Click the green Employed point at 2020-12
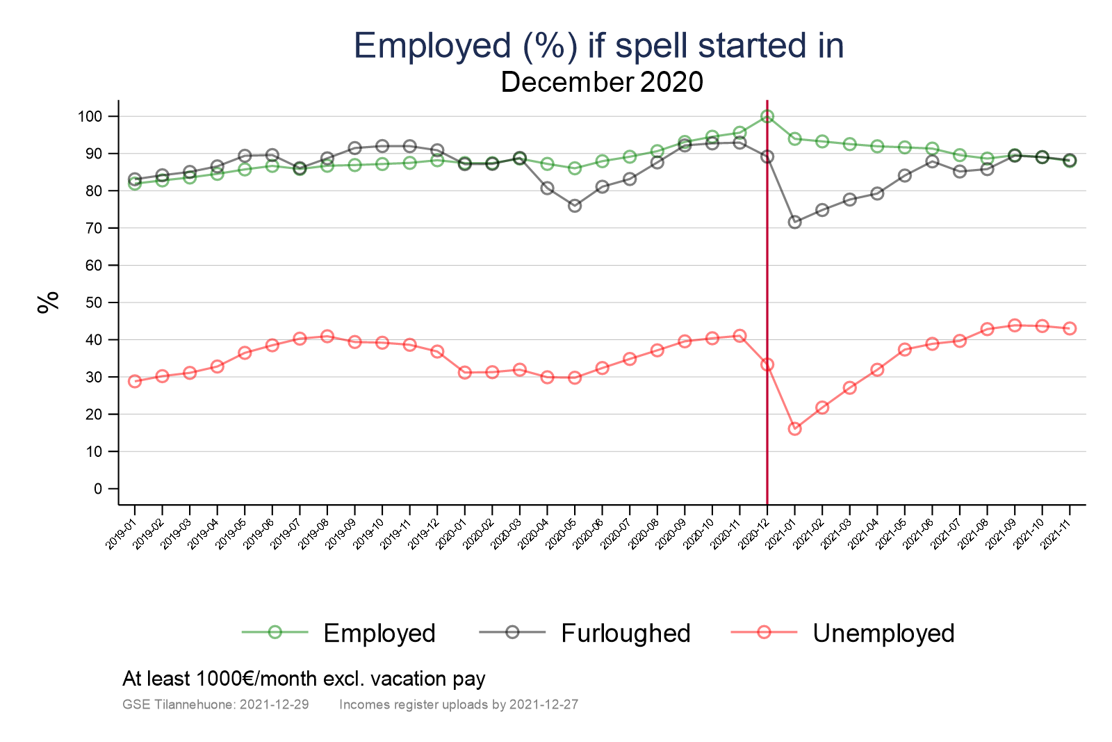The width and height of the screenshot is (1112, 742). point(767,116)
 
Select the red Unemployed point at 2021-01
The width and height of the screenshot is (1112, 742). point(794,428)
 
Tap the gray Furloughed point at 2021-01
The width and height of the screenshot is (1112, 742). point(794,223)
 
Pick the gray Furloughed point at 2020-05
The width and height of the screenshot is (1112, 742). point(575,206)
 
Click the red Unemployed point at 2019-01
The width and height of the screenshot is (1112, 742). point(135,381)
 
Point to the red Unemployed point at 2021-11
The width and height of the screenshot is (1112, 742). point(1070,328)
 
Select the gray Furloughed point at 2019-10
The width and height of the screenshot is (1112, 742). point(382,146)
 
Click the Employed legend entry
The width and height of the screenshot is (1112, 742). point(379,633)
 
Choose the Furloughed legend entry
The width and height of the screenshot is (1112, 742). point(625,633)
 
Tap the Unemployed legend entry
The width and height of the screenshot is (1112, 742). point(883,633)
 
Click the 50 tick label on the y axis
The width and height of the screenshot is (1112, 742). point(93,303)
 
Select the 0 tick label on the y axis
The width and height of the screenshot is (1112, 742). point(97,489)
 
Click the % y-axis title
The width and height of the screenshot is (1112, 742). point(48,303)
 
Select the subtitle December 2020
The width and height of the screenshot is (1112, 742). point(602,82)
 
